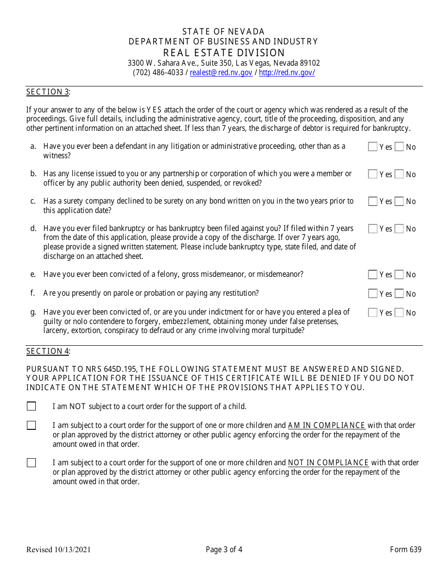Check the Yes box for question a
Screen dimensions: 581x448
pos(373,147)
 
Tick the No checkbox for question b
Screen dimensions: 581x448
pos(399,174)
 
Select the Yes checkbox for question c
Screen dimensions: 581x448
pos(373,202)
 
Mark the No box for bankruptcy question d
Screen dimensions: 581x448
pos(399,229)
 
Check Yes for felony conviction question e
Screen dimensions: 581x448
pos(373,274)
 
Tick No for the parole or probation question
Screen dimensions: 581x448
pos(399,294)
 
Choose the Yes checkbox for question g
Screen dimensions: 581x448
pos(373,313)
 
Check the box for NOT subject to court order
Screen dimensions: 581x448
pos(31,406)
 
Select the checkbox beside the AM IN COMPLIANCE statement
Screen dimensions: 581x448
pos(31,425)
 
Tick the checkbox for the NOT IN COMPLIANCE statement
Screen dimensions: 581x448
pos(31,463)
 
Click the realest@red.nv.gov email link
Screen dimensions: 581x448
pos(221,73)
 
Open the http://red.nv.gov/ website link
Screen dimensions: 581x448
pos(287,73)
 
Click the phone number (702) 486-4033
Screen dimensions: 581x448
pos(158,73)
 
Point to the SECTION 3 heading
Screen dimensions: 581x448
pos(48,92)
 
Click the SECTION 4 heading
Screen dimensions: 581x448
pos(48,351)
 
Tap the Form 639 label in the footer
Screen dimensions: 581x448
pos(406,549)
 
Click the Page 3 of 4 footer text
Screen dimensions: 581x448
pos(224,549)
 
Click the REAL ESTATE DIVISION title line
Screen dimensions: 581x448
pos(224,53)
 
